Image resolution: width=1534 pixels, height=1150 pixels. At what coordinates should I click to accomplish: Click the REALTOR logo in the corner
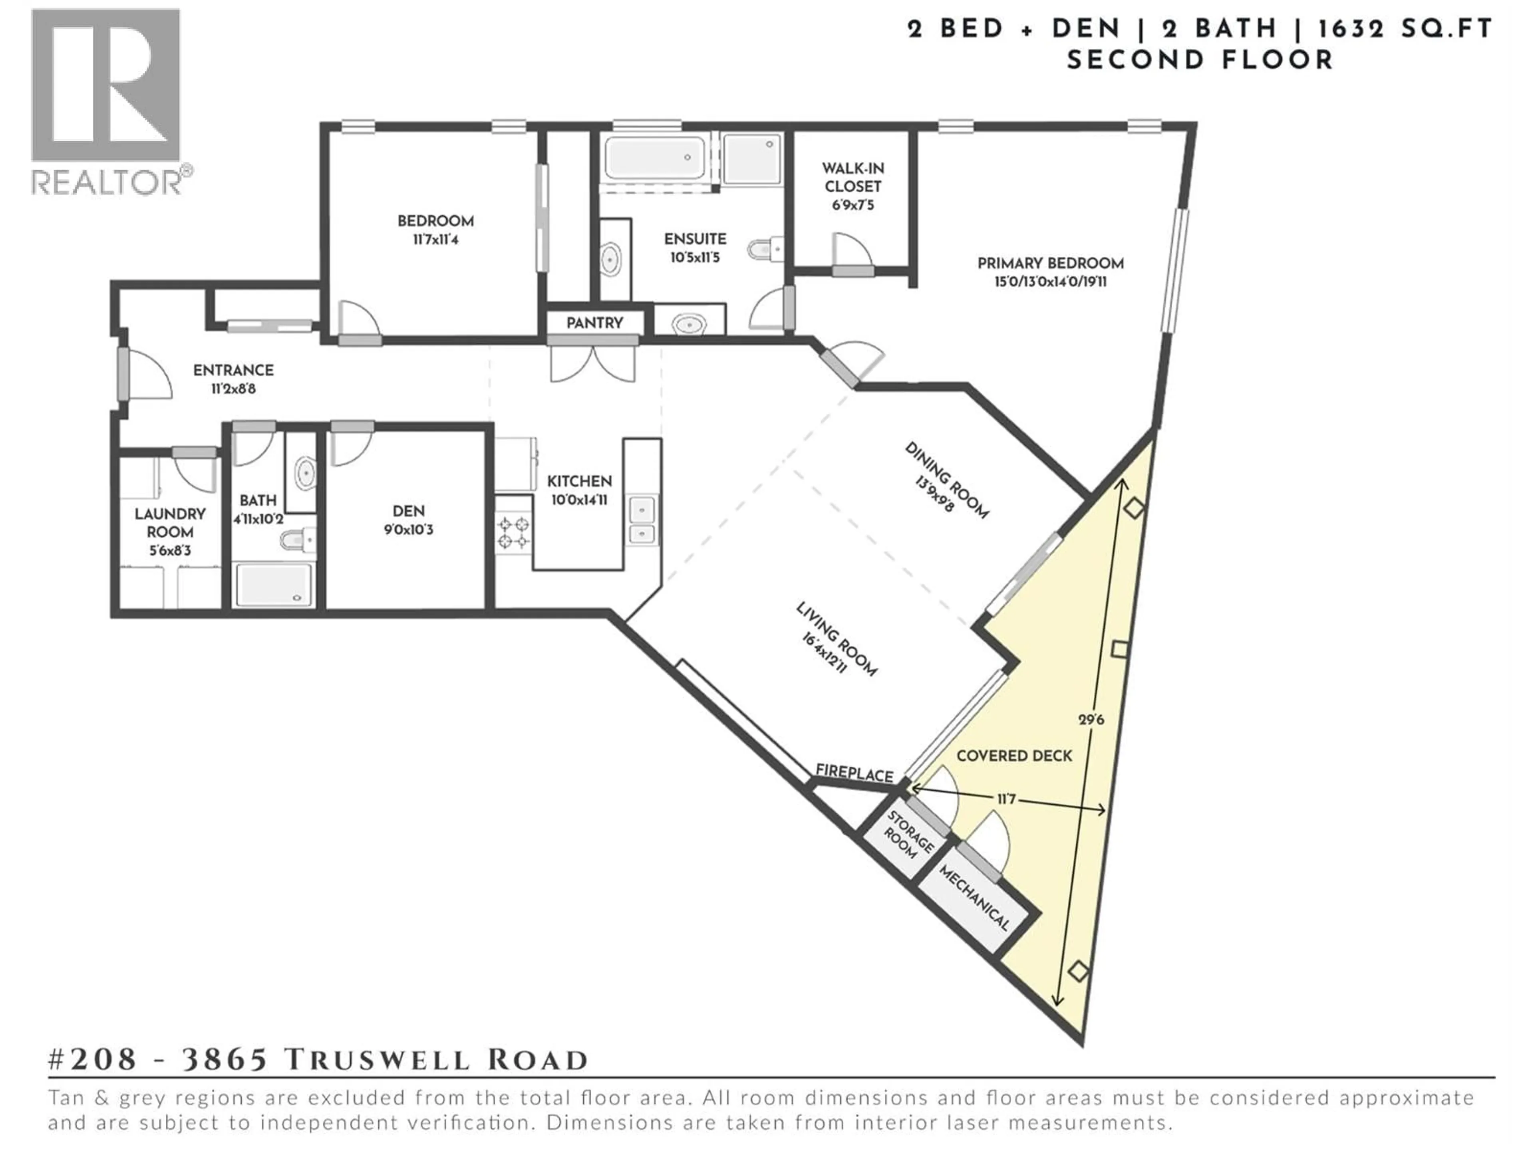click(107, 101)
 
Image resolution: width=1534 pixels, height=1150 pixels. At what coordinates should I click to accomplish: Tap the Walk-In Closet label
click(852, 177)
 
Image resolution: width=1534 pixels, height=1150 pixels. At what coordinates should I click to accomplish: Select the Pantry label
click(594, 323)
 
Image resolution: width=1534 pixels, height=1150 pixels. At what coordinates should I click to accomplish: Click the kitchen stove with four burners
click(513, 532)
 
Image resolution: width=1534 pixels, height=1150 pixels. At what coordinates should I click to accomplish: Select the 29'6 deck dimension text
click(1091, 720)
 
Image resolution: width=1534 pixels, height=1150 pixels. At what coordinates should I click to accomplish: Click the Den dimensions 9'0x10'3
click(408, 530)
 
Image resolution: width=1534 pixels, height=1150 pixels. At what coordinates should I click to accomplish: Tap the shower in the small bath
click(273, 584)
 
